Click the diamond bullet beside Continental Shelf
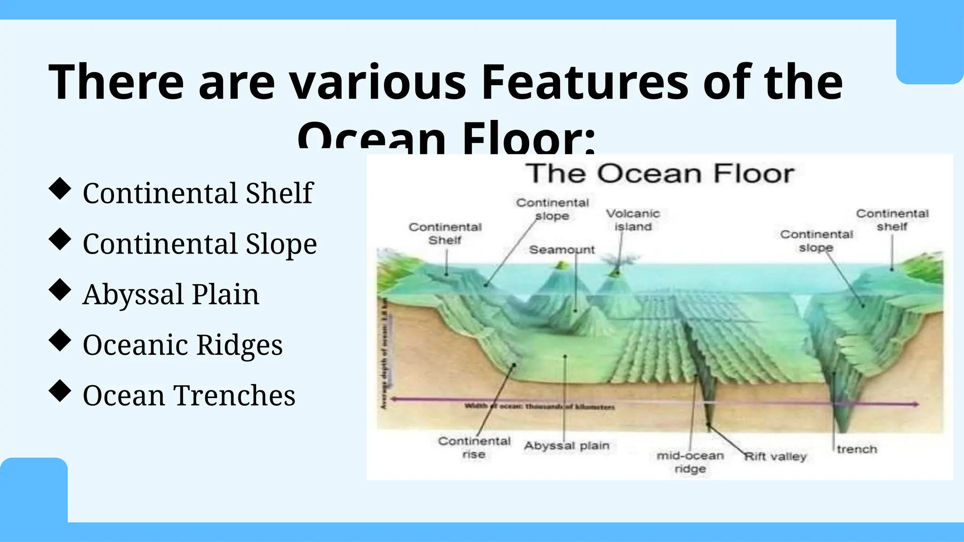[60, 189]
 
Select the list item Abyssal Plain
[171, 295]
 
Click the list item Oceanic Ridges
[183, 345]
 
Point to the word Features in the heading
[585, 83]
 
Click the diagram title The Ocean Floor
[659, 174]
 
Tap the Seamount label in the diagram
[562, 250]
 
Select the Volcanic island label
[633, 220]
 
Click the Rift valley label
[775, 456]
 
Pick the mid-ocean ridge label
[690, 462]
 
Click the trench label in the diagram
[857, 449]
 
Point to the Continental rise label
[474, 447]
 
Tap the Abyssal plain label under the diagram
[567, 446]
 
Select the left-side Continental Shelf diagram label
[445, 234]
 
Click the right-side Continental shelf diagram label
[892, 220]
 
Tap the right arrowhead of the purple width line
[915, 404]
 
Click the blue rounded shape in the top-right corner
[930, 52]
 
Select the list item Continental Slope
[200, 244]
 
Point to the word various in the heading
[377, 83]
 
